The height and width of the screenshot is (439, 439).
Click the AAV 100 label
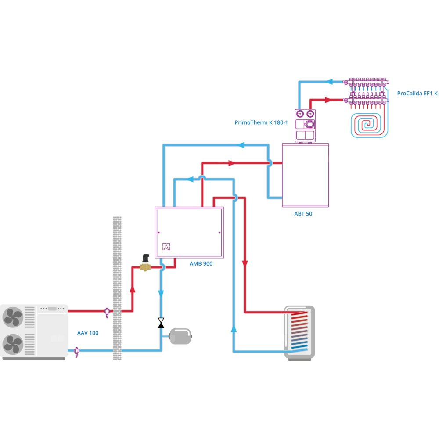[x=88, y=333]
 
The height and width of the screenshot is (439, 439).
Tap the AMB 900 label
[x=202, y=264]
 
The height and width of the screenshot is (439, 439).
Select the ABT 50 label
[x=303, y=214]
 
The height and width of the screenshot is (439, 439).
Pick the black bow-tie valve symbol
[x=161, y=324]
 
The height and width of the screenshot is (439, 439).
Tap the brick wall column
[x=117, y=288]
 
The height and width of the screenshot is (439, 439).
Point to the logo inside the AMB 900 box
[x=166, y=247]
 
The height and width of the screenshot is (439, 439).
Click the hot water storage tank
[x=299, y=332]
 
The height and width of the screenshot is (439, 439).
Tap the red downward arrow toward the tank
[x=245, y=264]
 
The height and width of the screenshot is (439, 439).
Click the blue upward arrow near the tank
[x=234, y=329]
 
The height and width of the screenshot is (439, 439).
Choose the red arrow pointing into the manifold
[x=327, y=100]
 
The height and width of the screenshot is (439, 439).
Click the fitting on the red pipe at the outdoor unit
[x=107, y=312]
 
